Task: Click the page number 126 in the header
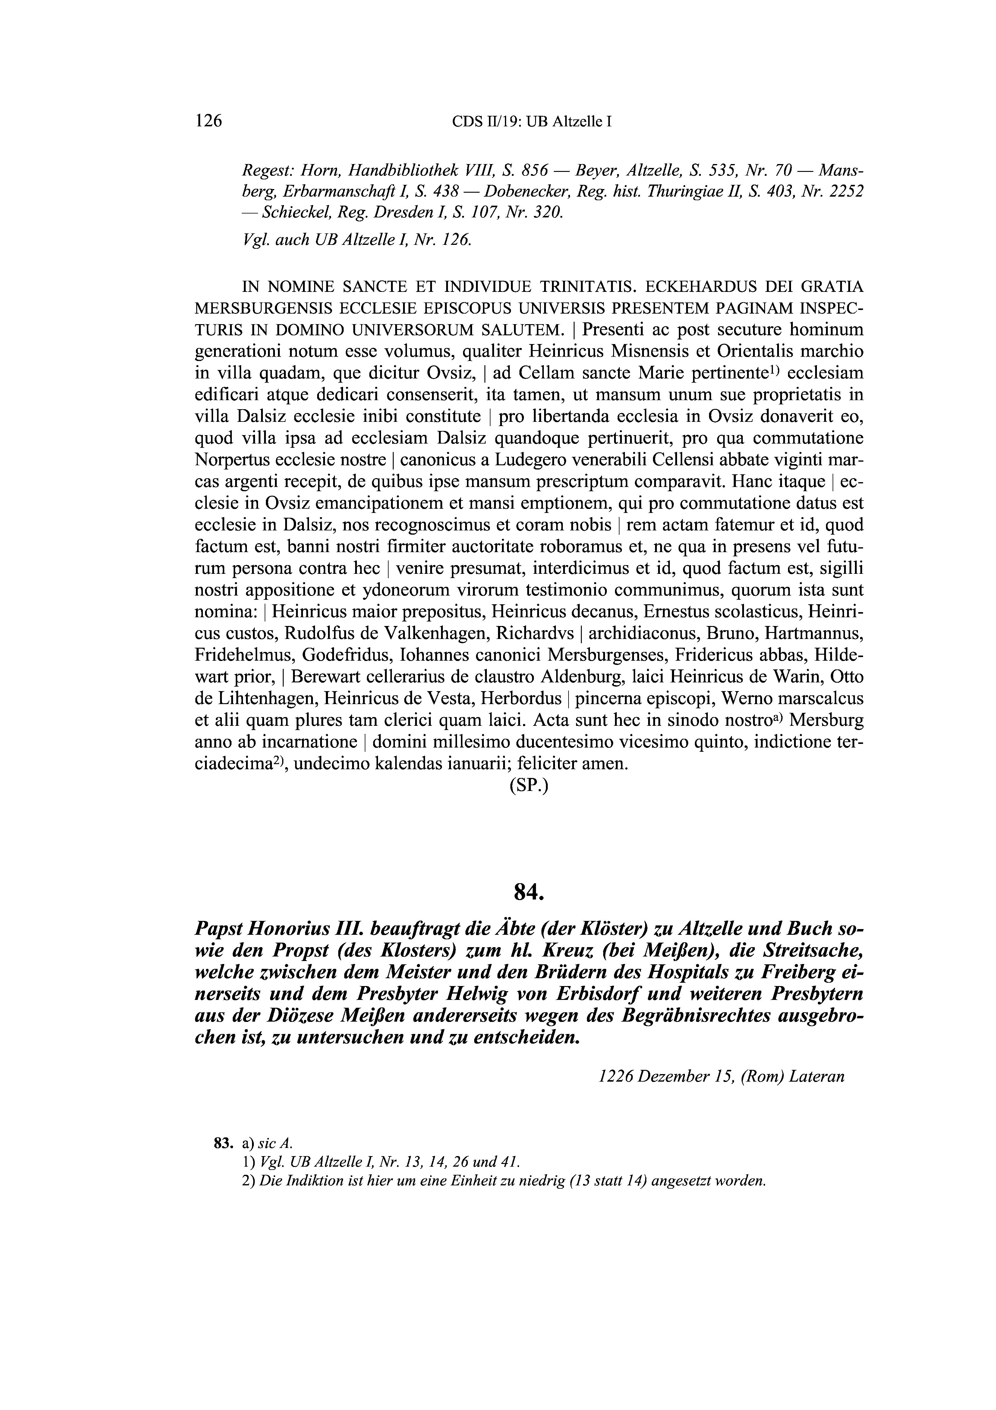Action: [x=208, y=121]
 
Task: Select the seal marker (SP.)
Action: [x=528, y=786]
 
